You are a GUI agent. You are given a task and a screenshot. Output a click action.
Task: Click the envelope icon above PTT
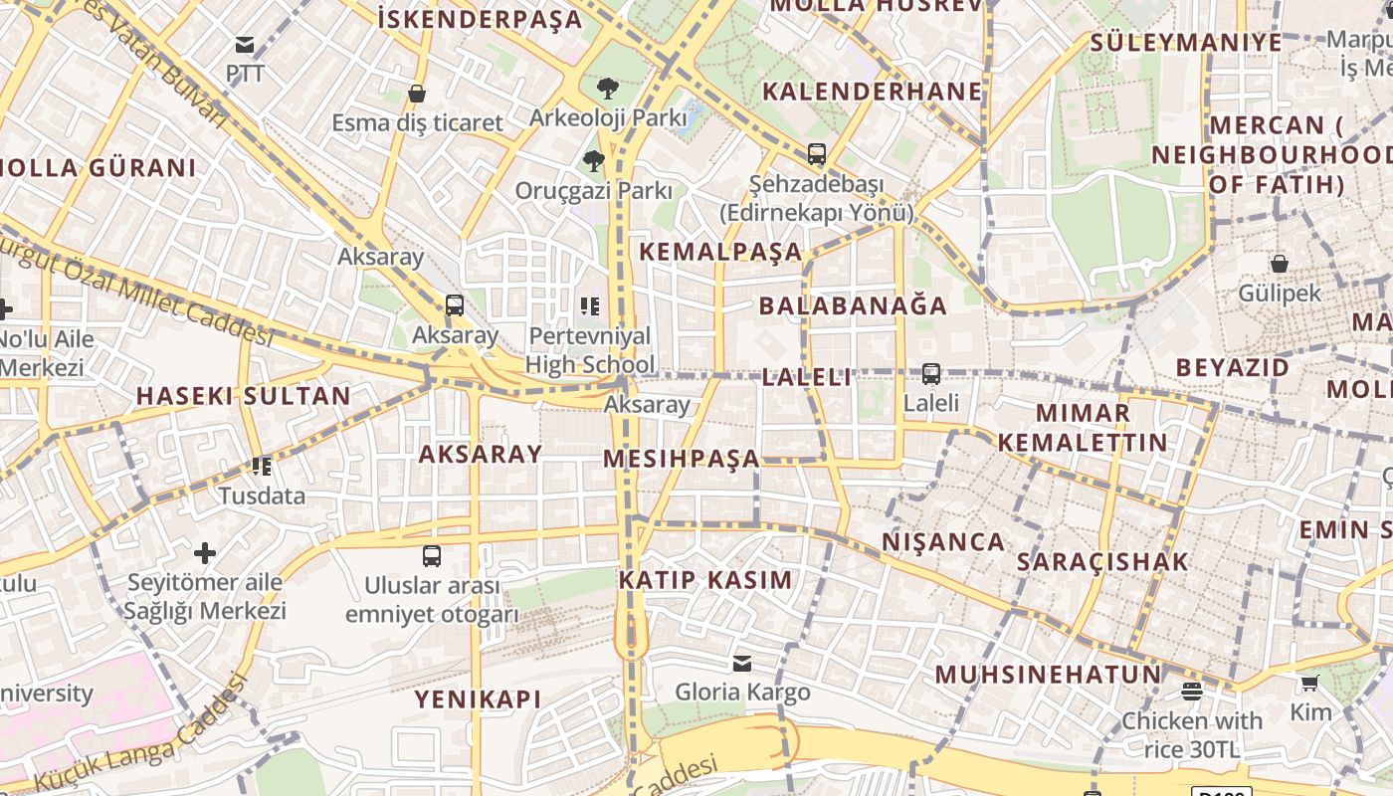click(244, 45)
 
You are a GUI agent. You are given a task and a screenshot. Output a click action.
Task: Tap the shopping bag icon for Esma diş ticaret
click(417, 94)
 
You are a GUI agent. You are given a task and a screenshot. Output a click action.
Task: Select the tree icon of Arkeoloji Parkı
click(607, 89)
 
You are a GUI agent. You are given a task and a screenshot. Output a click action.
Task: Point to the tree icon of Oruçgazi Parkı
click(594, 160)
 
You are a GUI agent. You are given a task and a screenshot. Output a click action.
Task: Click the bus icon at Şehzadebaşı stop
click(817, 154)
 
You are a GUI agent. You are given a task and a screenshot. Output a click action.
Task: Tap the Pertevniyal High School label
click(590, 350)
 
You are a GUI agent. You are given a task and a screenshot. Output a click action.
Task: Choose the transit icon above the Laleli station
click(931, 374)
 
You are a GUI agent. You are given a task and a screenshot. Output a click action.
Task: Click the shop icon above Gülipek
click(1280, 264)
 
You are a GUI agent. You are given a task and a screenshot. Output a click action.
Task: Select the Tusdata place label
click(262, 496)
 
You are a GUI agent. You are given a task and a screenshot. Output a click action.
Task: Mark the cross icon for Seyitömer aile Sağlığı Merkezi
click(205, 553)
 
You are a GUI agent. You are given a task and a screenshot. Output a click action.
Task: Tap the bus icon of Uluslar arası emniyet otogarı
click(432, 556)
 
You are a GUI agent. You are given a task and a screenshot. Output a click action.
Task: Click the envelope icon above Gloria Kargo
click(742, 664)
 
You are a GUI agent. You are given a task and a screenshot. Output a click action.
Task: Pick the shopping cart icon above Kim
click(1310, 684)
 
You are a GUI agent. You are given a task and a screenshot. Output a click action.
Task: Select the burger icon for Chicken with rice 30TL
click(1192, 692)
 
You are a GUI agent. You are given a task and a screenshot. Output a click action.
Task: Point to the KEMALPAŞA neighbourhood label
click(720, 252)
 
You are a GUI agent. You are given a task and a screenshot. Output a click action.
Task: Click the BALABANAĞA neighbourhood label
click(853, 305)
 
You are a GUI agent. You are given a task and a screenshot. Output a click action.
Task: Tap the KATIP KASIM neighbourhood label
click(705, 580)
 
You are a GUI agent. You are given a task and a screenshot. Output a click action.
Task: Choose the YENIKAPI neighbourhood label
click(478, 699)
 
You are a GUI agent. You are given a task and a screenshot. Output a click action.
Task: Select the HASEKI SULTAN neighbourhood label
click(243, 396)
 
